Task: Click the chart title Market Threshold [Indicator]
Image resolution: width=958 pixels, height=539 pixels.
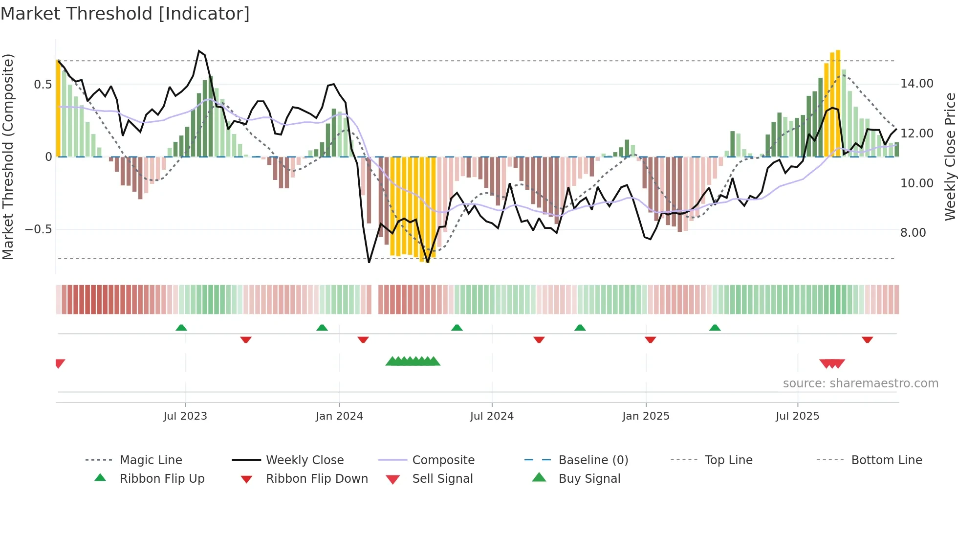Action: point(125,14)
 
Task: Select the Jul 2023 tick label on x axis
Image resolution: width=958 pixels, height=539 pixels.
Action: point(185,416)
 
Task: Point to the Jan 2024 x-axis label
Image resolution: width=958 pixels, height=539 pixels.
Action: point(339,416)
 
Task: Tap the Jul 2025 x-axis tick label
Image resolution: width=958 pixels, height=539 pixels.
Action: point(797,416)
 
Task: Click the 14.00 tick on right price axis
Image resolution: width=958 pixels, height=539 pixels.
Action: point(916,84)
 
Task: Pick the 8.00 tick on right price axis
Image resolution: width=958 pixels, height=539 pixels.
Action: point(913,233)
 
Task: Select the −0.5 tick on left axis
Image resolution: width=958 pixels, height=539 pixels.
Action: point(38,229)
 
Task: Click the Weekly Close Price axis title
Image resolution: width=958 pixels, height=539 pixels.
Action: point(950,157)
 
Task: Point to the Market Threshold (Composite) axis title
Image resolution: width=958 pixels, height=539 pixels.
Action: point(8,157)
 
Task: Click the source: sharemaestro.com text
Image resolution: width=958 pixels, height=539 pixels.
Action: point(860,383)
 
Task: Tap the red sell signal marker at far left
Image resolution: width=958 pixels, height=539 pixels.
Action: point(60,363)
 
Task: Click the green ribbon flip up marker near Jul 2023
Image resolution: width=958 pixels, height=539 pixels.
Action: point(181,327)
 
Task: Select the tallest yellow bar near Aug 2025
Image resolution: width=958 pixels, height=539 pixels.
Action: point(838,103)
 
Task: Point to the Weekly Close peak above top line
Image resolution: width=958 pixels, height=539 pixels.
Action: point(199,51)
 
